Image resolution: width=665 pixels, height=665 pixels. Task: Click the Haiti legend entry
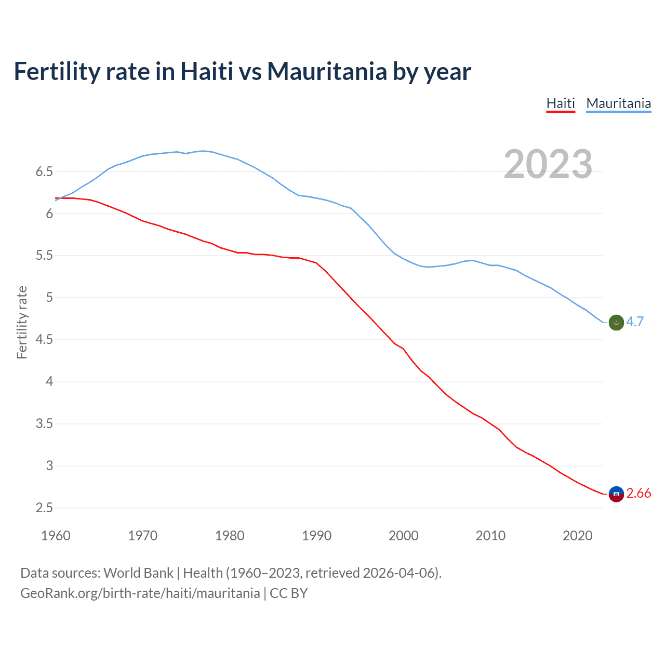(x=561, y=103)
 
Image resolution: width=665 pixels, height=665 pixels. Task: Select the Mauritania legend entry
(x=618, y=103)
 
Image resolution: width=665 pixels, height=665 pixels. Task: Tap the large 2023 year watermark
(x=548, y=164)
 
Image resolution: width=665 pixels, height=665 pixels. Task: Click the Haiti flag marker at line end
(x=616, y=494)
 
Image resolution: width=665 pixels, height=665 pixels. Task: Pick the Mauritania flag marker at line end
(x=616, y=323)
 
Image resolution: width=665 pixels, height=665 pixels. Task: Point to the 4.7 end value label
(x=635, y=322)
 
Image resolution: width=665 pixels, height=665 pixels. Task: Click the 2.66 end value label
(x=639, y=494)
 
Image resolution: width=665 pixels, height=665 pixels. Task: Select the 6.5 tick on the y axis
(x=44, y=171)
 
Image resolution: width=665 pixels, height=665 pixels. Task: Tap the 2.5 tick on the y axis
(x=44, y=508)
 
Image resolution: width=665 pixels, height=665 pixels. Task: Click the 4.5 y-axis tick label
(x=44, y=340)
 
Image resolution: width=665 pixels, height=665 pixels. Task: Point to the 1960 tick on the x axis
(x=56, y=536)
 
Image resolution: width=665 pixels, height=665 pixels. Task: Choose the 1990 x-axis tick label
(x=316, y=536)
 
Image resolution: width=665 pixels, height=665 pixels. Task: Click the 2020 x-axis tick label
(x=577, y=536)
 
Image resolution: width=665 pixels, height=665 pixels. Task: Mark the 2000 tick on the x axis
(x=403, y=536)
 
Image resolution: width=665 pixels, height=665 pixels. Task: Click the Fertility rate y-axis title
(x=22, y=322)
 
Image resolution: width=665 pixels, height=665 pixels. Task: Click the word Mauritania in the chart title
(x=327, y=71)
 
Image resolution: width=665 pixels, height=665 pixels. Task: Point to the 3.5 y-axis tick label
(x=44, y=424)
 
